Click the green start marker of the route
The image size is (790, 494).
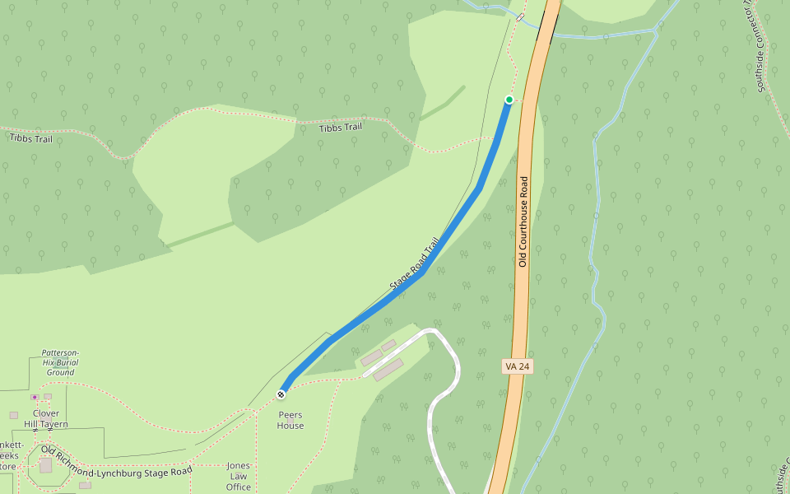click(x=509, y=100)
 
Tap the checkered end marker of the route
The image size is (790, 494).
click(x=281, y=394)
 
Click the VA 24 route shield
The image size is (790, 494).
click(x=516, y=366)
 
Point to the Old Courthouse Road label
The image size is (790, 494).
click(x=523, y=221)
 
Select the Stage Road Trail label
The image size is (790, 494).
click(x=416, y=264)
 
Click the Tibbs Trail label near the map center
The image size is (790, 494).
click(x=341, y=128)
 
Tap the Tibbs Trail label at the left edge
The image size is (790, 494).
click(x=30, y=138)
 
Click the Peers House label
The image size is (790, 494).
click(x=290, y=420)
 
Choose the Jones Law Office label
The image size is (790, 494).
click(x=239, y=476)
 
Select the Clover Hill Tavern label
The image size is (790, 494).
click(x=45, y=418)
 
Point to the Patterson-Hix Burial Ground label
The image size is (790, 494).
click(x=60, y=362)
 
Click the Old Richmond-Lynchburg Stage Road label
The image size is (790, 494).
click(x=115, y=464)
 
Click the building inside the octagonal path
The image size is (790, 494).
click(x=45, y=465)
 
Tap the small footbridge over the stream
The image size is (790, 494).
click(x=520, y=17)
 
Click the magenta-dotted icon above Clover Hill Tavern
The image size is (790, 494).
click(x=35, y=397)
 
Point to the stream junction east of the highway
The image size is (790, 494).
click(x=656, y=31)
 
